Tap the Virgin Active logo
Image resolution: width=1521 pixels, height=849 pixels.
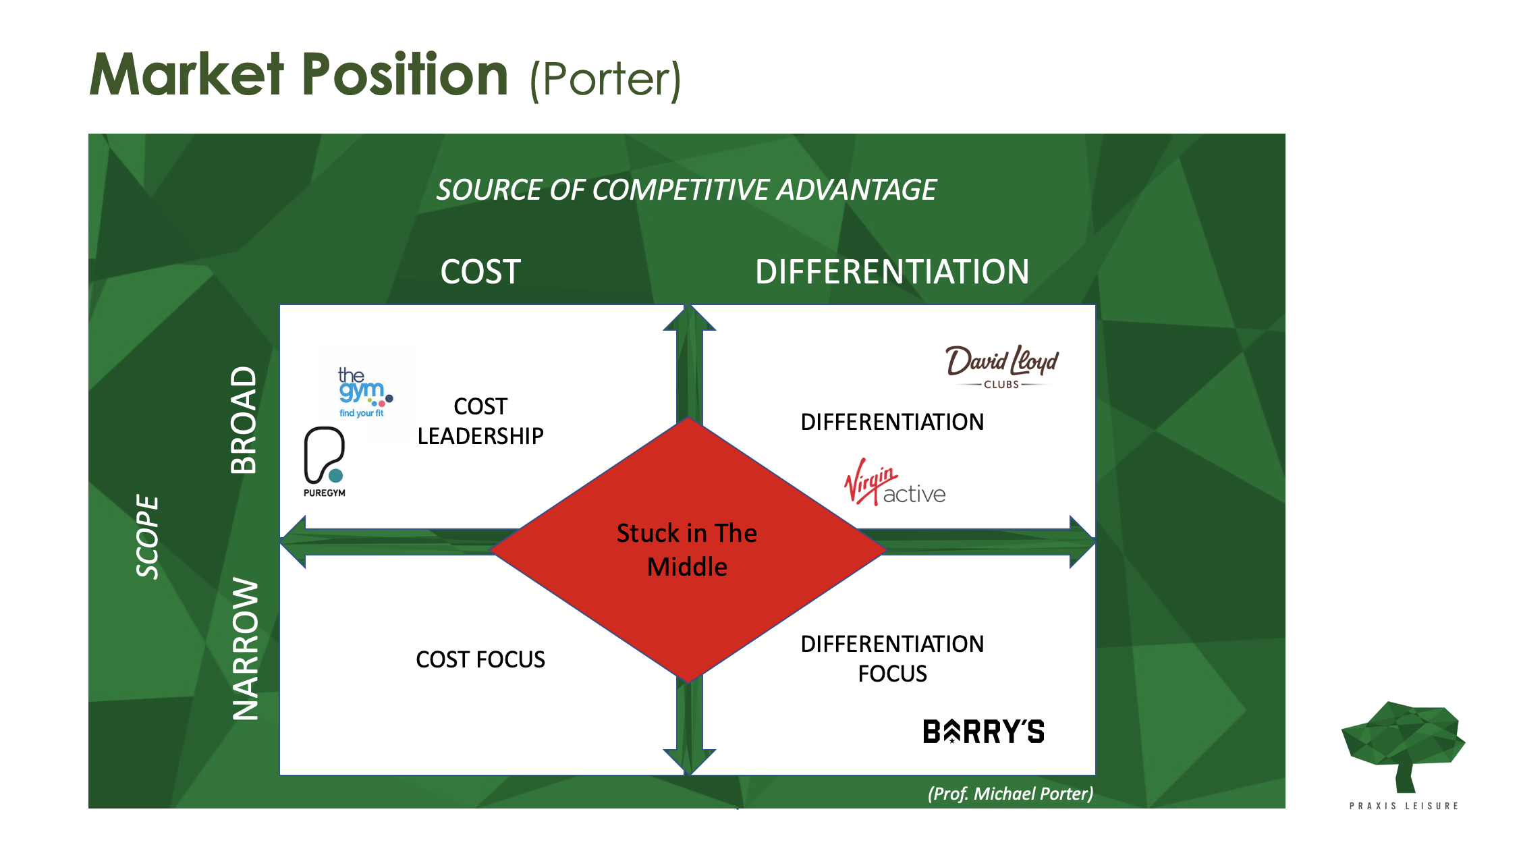tap(895, 483)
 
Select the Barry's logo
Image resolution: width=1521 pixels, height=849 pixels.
tap(983, 732)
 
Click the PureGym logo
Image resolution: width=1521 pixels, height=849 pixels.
tap(325, 462)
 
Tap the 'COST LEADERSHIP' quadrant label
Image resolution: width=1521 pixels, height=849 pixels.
tap(480, 421)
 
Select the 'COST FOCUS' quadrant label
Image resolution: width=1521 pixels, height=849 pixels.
tap(480, 659)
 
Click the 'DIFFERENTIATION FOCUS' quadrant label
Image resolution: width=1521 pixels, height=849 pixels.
tap(892, 658)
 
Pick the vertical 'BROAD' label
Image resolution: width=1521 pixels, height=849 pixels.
tap(244, 420)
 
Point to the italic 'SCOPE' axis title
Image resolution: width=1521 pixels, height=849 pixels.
tap(148, 537)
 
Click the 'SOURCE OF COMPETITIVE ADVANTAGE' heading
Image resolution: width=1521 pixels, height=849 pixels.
tap(686, 190)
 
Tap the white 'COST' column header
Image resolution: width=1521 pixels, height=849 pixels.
tap(480, 272)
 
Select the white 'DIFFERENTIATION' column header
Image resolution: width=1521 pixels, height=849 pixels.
tap(892, 272)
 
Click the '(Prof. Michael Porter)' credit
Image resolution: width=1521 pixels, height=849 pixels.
tap(1010, 794)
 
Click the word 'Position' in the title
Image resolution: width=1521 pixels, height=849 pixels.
tap(404, 75)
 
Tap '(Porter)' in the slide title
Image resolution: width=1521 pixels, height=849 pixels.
tap(605, 80)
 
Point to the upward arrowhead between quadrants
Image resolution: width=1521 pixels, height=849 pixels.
tap(690, 319)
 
